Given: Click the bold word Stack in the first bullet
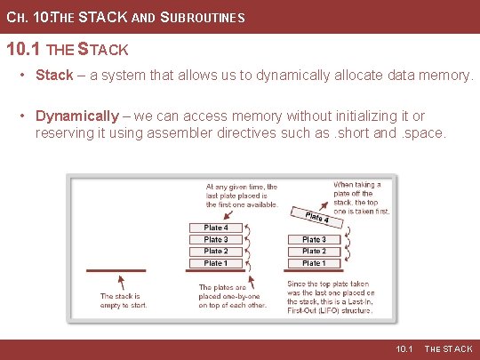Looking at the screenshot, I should [54, 76].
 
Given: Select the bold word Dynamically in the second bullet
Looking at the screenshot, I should [76, 116].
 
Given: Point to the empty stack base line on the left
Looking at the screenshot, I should [116, 269].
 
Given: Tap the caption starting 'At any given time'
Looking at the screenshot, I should [241, 196].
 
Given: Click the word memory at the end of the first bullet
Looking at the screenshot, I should [449, 76].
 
